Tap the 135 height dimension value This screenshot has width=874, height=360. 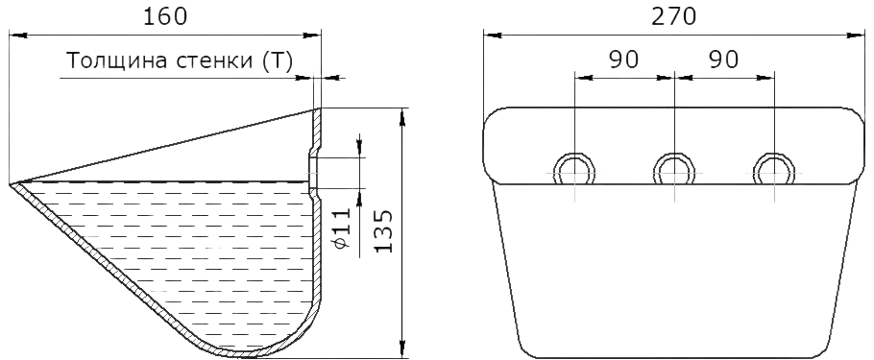383,231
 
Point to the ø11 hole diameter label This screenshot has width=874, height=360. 343,228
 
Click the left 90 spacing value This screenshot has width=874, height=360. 623,60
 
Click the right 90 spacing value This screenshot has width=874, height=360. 723,60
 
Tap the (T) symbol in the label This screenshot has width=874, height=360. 276,61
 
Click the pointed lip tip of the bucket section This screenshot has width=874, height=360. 11,183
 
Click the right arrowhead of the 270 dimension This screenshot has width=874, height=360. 856,36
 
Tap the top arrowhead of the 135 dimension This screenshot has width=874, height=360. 401,116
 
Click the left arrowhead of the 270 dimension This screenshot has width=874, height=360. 492,36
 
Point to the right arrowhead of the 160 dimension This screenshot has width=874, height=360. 312,36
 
